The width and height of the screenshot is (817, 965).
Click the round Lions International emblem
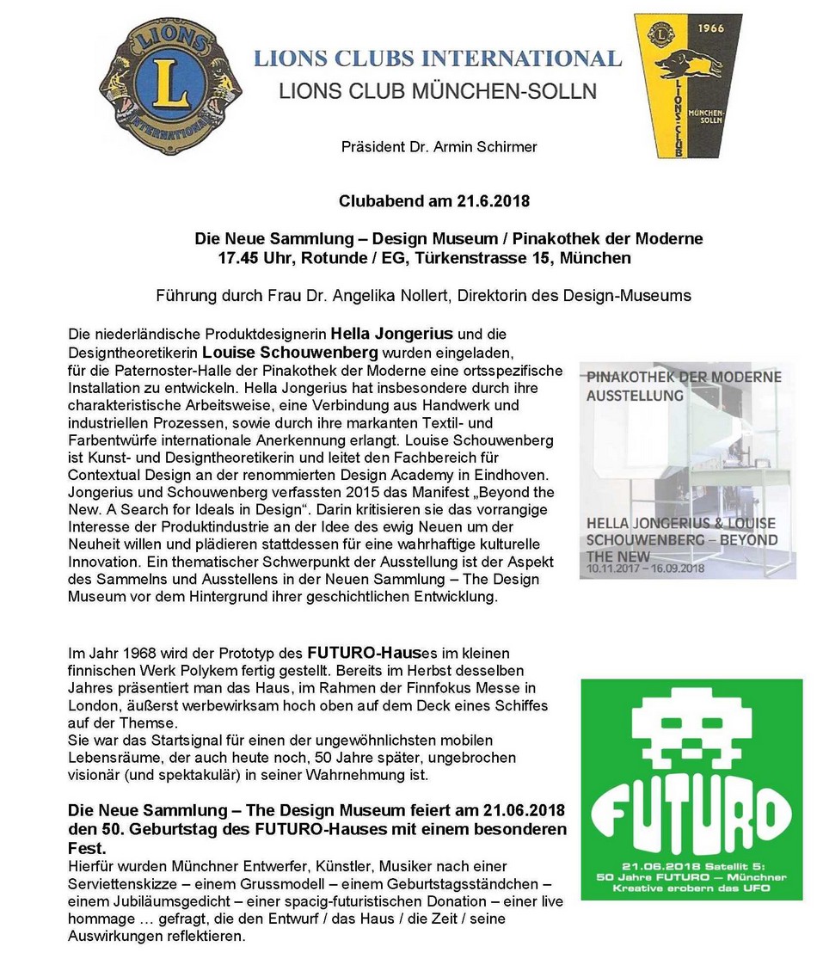click(170, 85)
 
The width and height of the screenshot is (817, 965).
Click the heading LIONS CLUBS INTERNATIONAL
click(437, 58)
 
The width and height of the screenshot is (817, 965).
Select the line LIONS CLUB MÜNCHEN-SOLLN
click(437, 90)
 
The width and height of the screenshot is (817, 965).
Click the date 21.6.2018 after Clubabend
click(488, 202)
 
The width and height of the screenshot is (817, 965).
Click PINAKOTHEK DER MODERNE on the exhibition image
click(684, 378)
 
